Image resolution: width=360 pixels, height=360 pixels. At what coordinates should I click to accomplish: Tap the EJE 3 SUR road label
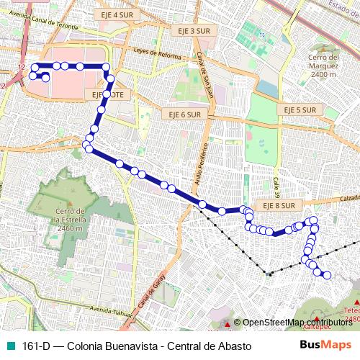[x=191, y=31]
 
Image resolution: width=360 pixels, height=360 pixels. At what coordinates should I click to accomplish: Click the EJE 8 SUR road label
[x=278, y=205]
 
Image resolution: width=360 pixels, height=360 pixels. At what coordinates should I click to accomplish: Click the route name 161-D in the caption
[x=36, y=346]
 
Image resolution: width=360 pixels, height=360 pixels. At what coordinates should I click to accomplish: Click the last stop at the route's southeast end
[x=327, y=275]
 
